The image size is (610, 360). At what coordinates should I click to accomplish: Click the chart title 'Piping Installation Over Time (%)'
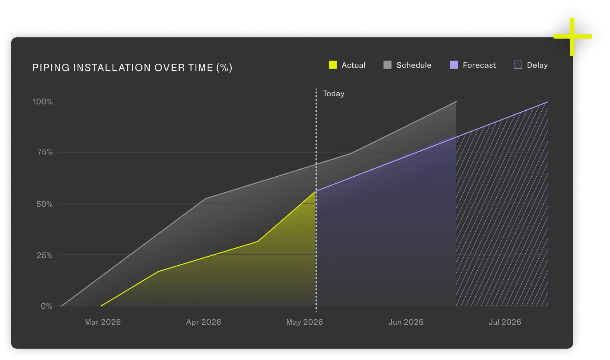pyautogui.click(x=132, y=68)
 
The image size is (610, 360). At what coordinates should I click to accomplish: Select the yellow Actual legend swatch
pyautogui.click(x=333, y=65)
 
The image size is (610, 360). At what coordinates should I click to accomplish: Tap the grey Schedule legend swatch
pyautogui.click(x=387, y=65)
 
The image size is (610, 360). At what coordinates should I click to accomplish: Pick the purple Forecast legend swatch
pyautogui.click(x=454, y=65)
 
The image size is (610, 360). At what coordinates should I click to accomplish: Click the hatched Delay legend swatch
pyautogui.click(x=518, y=65)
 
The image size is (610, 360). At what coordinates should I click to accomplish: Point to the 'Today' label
pyautogui.click(x=333, y=94)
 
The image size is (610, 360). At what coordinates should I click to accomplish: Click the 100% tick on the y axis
pyautogui.click(x=43, y=102)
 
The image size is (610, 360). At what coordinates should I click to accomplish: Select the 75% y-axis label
pyautogui.click(x=45, y=152)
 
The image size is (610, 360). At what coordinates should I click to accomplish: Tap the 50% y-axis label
pyautogui.click(x=45, y=204)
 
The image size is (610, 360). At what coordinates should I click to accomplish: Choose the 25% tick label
pyautogui.click(x=45, y=255)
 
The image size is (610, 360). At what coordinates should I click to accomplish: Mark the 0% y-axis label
pyautogui.click(x=47, y=306)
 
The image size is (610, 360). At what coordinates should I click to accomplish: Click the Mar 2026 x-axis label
pyautogui.click(x=103, y=322)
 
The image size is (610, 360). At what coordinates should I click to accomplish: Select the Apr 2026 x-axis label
pyautogui.click(x=203, y=322)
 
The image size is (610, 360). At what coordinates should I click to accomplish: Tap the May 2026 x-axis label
pyautogui.click(x=304, y=322)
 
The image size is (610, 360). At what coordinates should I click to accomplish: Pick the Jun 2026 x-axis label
pyautogui.click(x=406, y=322)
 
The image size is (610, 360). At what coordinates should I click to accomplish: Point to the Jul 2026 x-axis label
pyautogui.click(x=505, y=322)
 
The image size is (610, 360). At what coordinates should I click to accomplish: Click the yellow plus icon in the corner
pyautogui.click(x=572, y=37)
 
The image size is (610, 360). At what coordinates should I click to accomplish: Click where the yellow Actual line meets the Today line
pyautogui.click(x=316, y=191)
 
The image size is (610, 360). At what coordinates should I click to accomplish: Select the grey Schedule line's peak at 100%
pyautogui.click(x=456, y=101)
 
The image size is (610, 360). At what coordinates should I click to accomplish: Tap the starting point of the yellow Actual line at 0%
pyautogui.click(x=101, y=306)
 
